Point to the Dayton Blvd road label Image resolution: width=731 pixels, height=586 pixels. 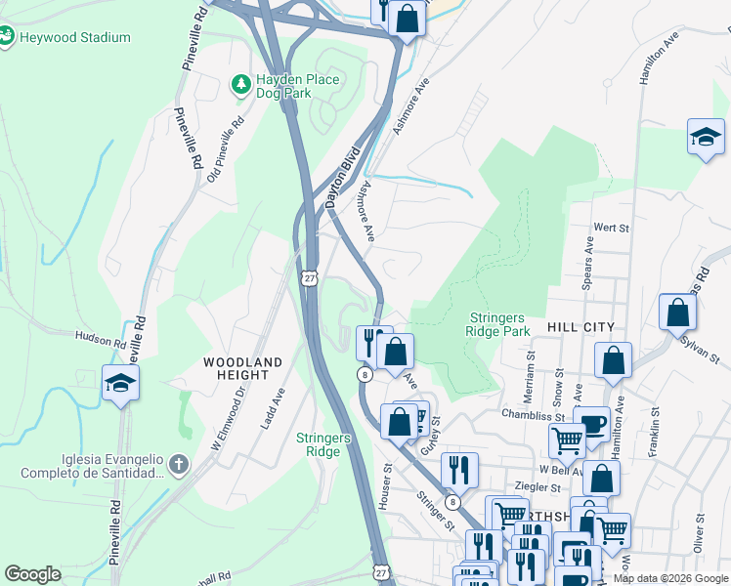(343, 177)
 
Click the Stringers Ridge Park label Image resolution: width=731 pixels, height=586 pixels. (498, 325)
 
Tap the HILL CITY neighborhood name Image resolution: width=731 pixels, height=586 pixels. (581, 327)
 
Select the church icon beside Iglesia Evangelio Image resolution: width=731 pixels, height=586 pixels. (177, 464)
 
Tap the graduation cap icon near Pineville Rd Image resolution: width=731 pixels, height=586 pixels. (120, 382)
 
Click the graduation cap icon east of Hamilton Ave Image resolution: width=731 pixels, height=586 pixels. (706, 138)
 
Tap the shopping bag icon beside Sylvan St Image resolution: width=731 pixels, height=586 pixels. (677, 313)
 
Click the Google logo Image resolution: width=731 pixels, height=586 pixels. (33, 574)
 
